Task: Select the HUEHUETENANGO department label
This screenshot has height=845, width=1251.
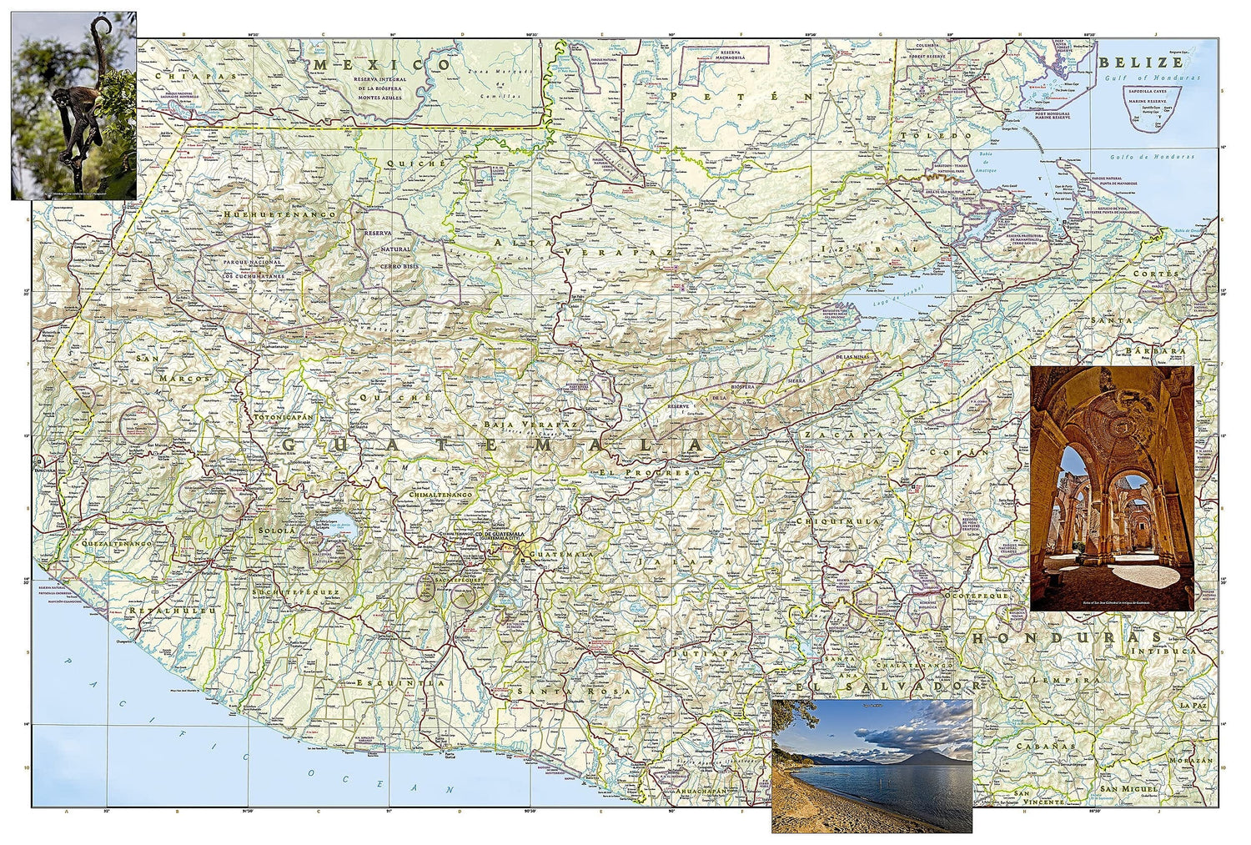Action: [x=279, y=214]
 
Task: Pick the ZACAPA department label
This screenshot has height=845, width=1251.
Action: [x=843, y=435]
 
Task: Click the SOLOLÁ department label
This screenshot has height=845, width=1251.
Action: [x=276, y=530]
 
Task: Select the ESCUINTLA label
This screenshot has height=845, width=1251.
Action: [x=395, y=682]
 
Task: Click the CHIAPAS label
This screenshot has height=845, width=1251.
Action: [x=184, y=76]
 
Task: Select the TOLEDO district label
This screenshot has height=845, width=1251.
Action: [x=934, y=135]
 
